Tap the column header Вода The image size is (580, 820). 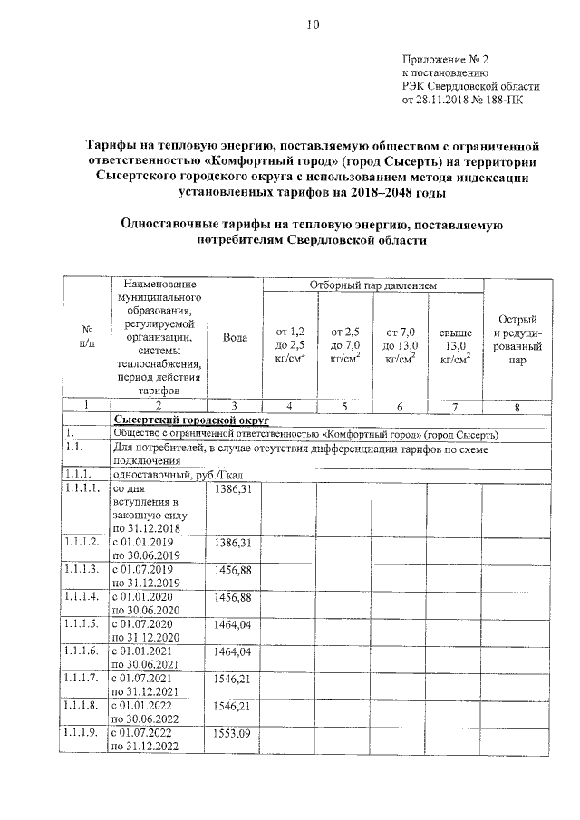point(235,337)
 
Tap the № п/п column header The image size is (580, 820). point(87,337)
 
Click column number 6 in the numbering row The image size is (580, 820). point(400,407)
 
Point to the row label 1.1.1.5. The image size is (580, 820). point(82,624)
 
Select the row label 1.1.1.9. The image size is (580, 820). point(82,733)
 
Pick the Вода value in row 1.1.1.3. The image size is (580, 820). point(234,570)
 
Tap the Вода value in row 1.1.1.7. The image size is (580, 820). point(234,679)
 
